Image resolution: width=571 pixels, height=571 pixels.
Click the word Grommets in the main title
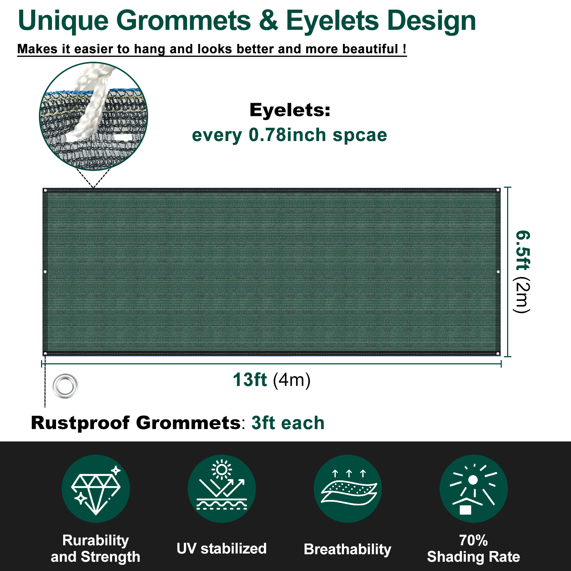(183, 21)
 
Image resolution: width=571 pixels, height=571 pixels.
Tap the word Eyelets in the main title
(332, 21)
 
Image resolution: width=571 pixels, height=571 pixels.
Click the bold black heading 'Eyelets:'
(290, 110)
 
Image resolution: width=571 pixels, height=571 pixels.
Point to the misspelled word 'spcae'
(360, 135)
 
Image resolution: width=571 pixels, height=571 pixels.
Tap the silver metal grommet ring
(65, 386)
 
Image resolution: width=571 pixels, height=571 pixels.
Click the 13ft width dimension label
(250, 380)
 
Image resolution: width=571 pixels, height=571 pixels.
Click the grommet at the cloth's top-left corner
(45, 190)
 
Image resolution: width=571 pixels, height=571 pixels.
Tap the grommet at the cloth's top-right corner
(498, 190)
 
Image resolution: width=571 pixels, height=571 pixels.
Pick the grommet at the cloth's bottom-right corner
(498, 353)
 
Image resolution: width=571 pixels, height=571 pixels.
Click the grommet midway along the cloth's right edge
(498, 272)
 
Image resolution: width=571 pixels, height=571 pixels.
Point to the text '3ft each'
(288, 423)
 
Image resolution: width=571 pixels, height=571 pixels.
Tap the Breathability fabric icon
(348, 489)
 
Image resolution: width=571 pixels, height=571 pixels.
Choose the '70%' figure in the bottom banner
(473, 540)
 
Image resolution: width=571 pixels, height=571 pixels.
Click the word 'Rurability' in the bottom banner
(96, 540)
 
